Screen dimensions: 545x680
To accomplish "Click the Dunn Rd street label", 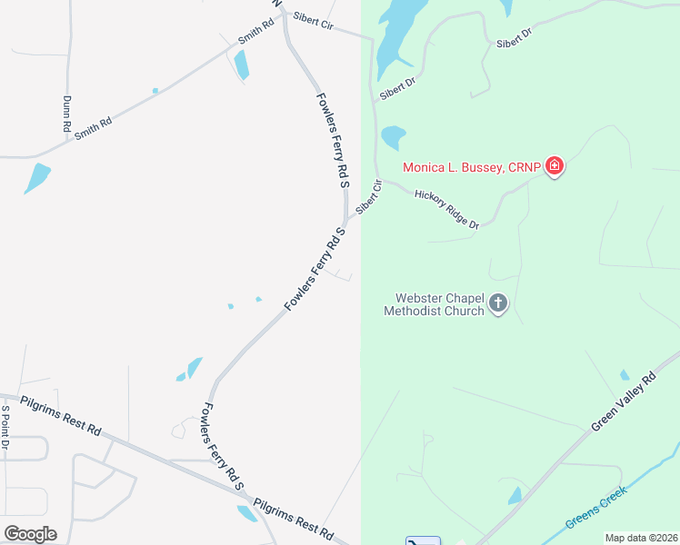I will (x=66, y=114).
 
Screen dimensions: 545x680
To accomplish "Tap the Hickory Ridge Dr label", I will (x=446, y=209).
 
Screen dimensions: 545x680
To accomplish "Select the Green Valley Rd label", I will (x=624, y=402).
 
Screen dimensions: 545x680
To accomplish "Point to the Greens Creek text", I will (x=595, y=509).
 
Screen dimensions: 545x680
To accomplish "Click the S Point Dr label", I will (x=5, y=428).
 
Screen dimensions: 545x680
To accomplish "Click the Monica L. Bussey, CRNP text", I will (x=471, y=167).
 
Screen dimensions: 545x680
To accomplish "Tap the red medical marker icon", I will (x=555, y=166).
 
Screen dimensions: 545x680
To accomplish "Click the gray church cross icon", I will (x=498, y=303).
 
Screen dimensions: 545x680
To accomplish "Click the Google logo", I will (x=30, y=533).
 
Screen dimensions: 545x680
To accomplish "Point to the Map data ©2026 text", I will (x=640, y=538).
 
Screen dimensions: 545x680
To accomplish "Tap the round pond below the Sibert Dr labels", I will (x=393, y=137).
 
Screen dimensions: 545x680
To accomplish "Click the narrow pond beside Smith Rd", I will (x=242, y=64).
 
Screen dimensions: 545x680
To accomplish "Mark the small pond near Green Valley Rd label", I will (x=624, y=374).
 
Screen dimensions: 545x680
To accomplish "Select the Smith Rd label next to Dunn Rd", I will (x=94, y=125).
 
